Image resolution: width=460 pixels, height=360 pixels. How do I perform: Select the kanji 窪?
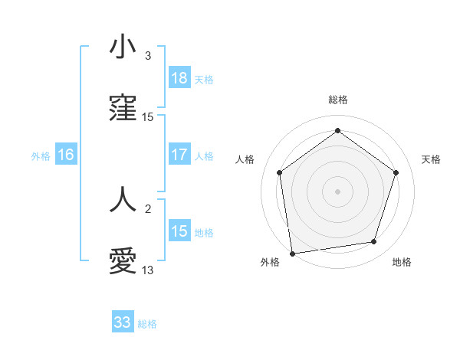pos(123,110)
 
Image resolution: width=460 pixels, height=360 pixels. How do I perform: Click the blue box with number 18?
pos(179,78)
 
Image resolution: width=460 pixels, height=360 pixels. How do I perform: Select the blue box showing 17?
pos(179,155)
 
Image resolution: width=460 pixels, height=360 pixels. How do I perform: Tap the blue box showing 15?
pos(179,231)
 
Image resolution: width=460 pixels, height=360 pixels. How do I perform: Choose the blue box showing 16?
pos(66,155)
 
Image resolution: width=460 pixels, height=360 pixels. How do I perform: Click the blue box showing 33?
pos(123,322)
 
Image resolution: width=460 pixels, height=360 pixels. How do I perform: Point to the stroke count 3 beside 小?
pos(148,55)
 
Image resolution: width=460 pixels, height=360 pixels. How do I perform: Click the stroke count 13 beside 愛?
pos(148,270)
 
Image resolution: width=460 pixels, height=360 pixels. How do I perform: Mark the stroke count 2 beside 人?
pos(148,207)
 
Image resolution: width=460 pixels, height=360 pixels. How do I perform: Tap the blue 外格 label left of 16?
pos(41,155)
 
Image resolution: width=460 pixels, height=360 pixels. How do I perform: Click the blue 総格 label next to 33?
pos(147,324)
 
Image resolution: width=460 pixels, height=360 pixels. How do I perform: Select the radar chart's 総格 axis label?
pos(338,100)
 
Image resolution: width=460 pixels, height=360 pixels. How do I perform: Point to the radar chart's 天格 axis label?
pos(431,159)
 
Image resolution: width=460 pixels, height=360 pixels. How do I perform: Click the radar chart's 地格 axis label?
pos(402,262)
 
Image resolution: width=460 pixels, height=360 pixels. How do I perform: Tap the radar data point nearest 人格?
pos(280,172)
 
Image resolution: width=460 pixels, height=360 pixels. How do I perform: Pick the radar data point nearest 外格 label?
pos(292,252)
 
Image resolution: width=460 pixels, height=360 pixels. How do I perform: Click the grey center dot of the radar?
pos(338,191)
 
